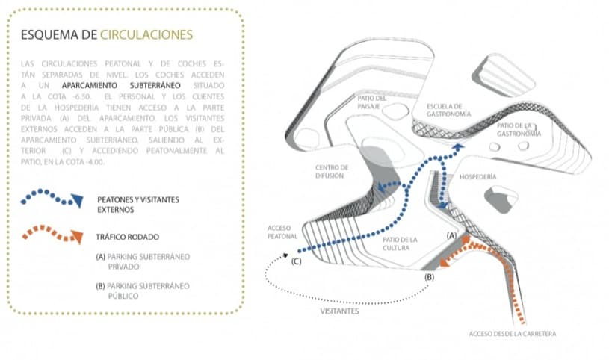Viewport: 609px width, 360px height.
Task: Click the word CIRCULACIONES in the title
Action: pos(146,34)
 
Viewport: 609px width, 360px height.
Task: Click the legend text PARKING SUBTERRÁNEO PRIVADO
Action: pos(142,261)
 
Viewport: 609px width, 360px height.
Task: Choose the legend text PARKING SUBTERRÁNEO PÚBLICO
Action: pos(142,290)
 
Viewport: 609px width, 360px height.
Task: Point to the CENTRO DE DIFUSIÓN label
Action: pos(332,171)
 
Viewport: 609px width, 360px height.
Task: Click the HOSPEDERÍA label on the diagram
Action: pos(477,178)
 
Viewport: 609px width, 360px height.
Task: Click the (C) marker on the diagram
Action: pos(297,261)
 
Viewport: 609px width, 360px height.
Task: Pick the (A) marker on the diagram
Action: pos(451,235)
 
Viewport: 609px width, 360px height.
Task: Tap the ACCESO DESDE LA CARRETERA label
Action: pos(513,333)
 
